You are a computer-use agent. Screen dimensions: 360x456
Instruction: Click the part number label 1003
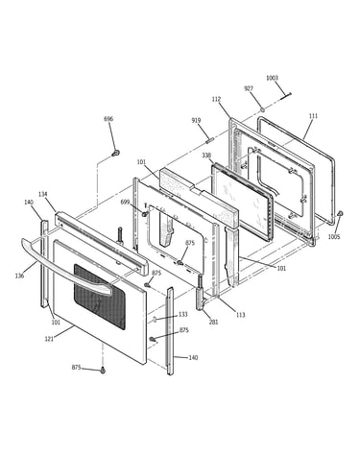click(x=272, y=78)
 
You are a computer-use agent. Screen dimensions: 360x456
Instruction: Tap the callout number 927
click(x=249, y=88)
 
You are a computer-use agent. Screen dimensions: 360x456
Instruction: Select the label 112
click(x=216, y=100)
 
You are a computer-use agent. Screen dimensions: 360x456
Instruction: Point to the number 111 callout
click(x=313, y=116)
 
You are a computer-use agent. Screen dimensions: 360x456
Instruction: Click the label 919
click(x=196, y=120)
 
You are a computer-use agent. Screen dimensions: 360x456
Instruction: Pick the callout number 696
click(x=108, y=119)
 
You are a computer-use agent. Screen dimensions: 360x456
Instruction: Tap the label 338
click(x=206, y=156)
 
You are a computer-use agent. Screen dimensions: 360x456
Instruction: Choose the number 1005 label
click(x=334, y=237)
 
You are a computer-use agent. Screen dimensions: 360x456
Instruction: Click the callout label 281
click(x=213, y=322)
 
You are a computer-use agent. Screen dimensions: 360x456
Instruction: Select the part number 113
click(x=240, y=315)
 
